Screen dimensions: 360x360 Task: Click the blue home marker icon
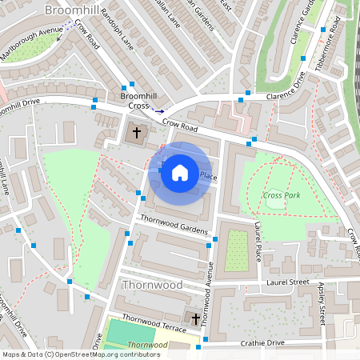click(180, 173)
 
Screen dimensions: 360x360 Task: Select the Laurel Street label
click(288, 282)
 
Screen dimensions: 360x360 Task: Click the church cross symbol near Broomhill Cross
click(136, 131)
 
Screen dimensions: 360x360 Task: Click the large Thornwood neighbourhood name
click(152, 285)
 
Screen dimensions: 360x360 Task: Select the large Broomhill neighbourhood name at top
click(73, 10)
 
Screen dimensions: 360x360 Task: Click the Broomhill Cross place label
click(134, 101)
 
